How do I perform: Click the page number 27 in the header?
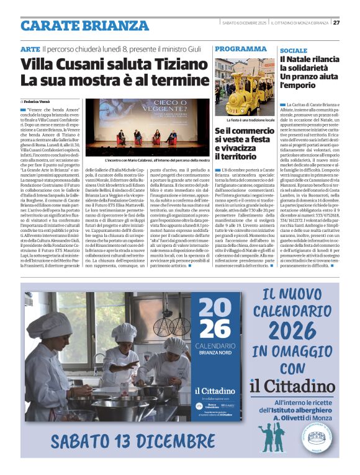click(x=336, y=23)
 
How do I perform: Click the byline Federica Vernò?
click(x=39, y=101)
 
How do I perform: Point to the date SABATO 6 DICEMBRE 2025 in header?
click(x=244, y=23)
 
